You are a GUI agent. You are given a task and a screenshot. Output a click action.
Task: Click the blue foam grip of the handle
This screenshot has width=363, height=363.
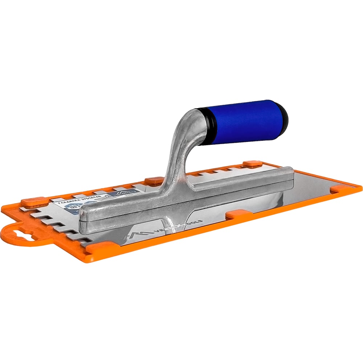[x=241, y=122]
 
